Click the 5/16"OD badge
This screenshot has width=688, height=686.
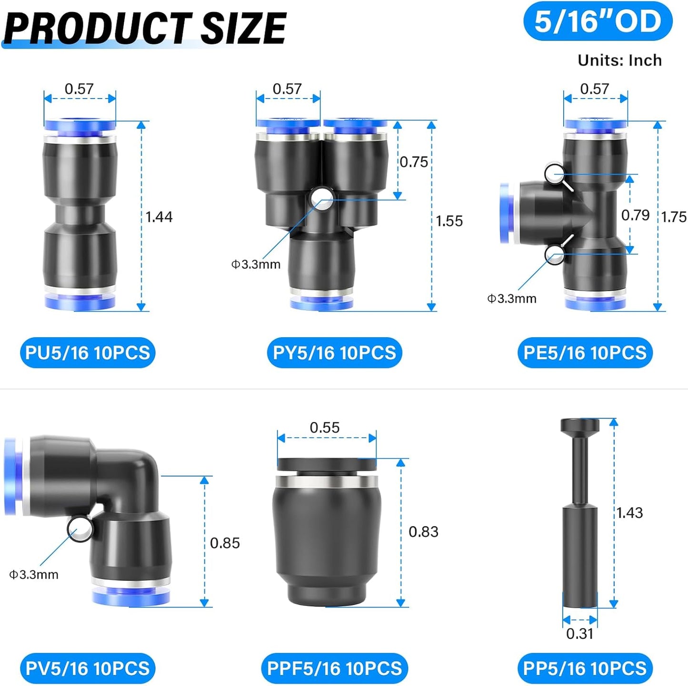tap(598, 22)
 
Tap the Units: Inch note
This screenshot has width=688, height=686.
tap(619, 60)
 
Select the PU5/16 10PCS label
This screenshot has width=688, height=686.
tap(88, 353)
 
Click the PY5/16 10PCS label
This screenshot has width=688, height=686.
tap(334, 353)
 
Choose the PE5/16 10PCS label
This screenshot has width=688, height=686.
tap(585, 353)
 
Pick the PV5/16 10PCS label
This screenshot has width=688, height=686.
tap(88, 668)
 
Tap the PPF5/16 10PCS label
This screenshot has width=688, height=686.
tap(334, 668)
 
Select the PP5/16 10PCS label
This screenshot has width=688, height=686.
tap(585, 668)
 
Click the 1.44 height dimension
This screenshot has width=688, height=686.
tap(159, 217)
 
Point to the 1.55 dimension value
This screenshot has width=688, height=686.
tap(449, 221)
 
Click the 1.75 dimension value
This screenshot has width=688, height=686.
tap(673, 217)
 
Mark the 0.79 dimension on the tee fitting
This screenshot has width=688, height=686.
tap(635, 215)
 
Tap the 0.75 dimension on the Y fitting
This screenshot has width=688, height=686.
tap(414, 162)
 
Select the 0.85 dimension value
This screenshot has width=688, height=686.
tap(225, 543)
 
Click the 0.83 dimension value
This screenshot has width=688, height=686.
tap(423, 531)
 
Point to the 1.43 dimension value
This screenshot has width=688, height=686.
tap(629, 512)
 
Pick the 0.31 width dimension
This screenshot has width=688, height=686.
tap(579, 634)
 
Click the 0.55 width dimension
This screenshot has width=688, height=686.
tap(325, 427)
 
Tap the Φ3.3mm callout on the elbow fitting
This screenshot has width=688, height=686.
tap(34, 574)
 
